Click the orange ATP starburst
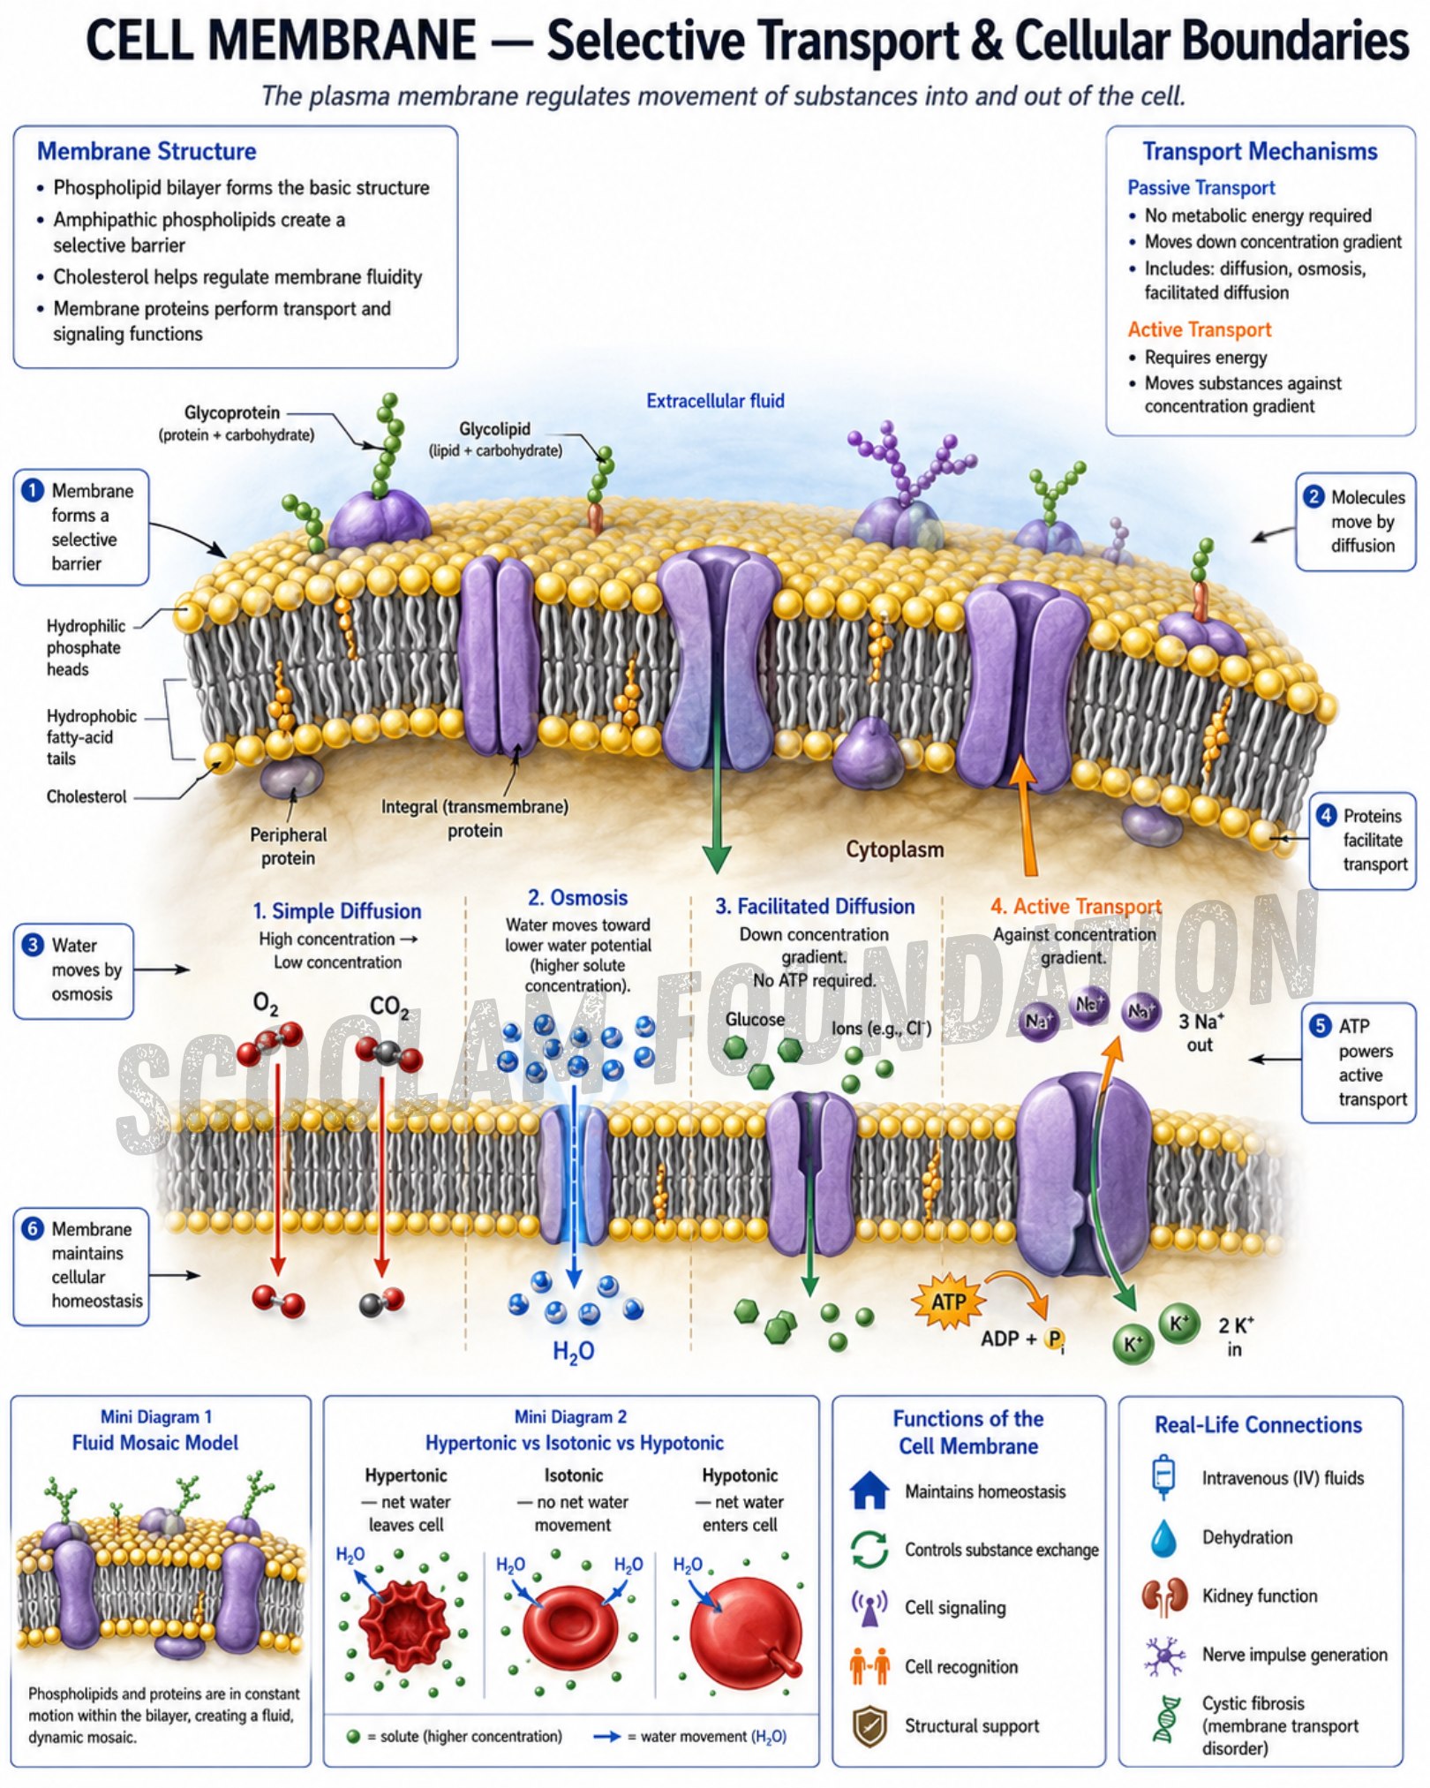(948, 1301)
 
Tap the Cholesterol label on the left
(87, 796)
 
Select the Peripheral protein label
(288, 846)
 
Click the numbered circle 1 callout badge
(33, 490)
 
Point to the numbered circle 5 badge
(1320, 1025)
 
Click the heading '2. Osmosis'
(577, 897)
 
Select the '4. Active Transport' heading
(1076, 906)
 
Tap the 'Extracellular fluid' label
(715, 401)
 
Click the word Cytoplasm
(895, 849)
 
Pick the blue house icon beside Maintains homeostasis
(869, 1490)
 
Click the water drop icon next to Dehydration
(1163, 1537)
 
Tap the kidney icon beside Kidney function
(1163, 1596)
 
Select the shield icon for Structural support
(869, 1726)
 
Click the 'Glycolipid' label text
(494, 428)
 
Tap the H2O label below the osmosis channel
(574, 1351)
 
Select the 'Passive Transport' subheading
(1200, 187)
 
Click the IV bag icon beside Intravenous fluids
(1163, 1477)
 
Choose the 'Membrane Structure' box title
(147, 151)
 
